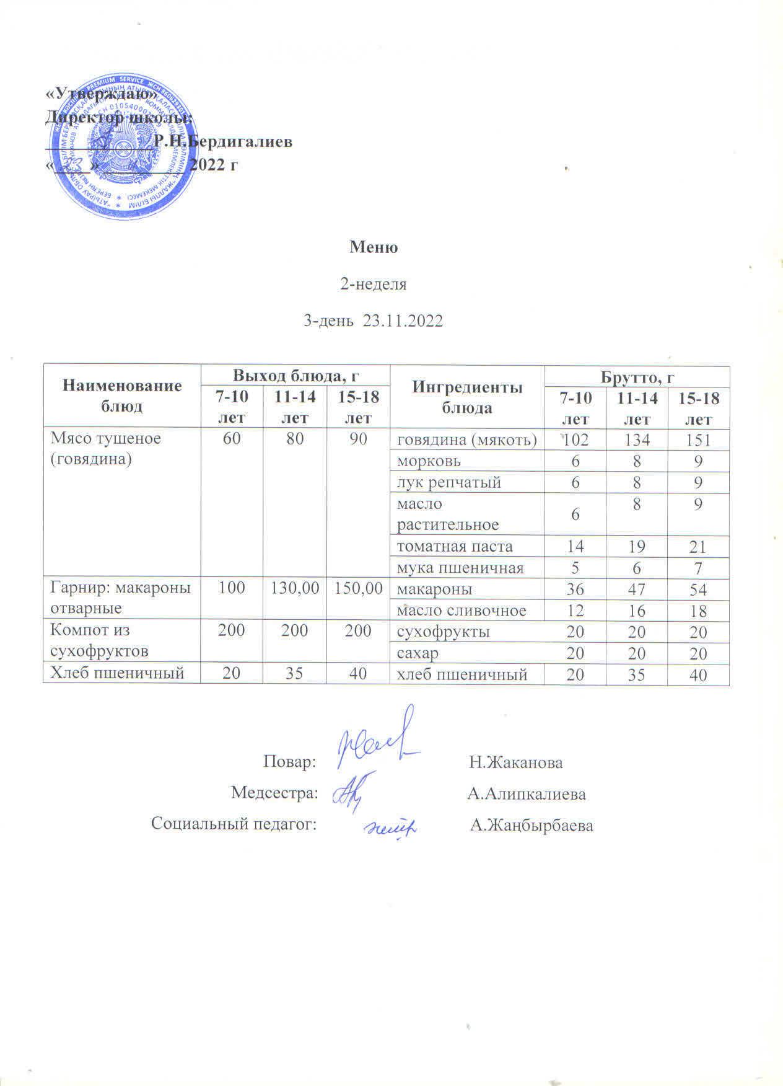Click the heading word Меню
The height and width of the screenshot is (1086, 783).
[x=374, y=247]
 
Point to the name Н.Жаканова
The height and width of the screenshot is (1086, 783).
[x=516, y=762]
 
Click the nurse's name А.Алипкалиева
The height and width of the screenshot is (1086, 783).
[x=527, y=793]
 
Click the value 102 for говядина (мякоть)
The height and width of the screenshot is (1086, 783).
[x=575, y=440]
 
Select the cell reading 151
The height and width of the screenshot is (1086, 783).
[x=698, y=440]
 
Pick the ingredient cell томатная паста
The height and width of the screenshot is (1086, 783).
[x=455, y=546]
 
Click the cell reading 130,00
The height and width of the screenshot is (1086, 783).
[x=294, y=588]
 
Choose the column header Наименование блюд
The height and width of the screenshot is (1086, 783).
[x=122, y=395]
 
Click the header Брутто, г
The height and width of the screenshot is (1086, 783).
[x=637, y=377]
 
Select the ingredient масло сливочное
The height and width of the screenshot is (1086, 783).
[x=461, y=611]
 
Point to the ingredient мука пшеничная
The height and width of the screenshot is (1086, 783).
[x=460, y=567]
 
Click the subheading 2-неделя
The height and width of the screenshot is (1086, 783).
[x=374, y=284]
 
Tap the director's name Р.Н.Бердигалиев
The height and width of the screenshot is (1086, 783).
[x=223, y=141]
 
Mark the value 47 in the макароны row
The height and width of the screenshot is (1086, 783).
[x=637, y=589]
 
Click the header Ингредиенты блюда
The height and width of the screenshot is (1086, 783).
[x=467, y=397]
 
